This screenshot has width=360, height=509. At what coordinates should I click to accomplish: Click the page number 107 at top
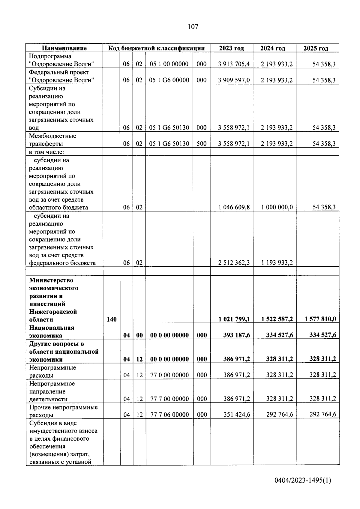coord(193,27)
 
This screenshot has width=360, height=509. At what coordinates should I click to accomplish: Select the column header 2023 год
coord(231,48)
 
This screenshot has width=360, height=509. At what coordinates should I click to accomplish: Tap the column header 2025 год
coord(316,48)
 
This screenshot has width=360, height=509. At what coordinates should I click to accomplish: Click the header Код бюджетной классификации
coord(156,48)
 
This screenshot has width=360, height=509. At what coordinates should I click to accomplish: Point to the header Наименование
coord(64,48)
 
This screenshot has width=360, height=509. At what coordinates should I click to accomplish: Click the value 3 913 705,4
coord(234,64)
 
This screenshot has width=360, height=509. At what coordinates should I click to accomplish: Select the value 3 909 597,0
coord(234,80)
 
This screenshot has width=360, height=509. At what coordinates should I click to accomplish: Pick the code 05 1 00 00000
coord(169,64)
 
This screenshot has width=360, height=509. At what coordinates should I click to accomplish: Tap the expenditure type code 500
coord(202,144)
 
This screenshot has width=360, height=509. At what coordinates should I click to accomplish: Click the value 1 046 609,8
coord(234,207)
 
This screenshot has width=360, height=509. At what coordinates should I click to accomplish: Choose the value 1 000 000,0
coord(277,207)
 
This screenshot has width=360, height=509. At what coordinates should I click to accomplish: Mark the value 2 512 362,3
coord(234,263)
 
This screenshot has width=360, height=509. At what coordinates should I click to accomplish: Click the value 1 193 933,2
coord(277,263)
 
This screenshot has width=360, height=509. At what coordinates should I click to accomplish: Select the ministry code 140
coord(112,319)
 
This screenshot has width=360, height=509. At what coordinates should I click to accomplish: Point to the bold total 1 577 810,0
coord(320,319)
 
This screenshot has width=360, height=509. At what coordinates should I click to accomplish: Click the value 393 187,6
coord(236,335)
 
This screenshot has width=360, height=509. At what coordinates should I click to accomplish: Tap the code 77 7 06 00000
coord(169,415)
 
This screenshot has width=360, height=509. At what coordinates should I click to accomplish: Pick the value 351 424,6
coord(236,415)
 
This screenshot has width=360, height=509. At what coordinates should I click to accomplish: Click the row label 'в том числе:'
coord(44,152)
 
